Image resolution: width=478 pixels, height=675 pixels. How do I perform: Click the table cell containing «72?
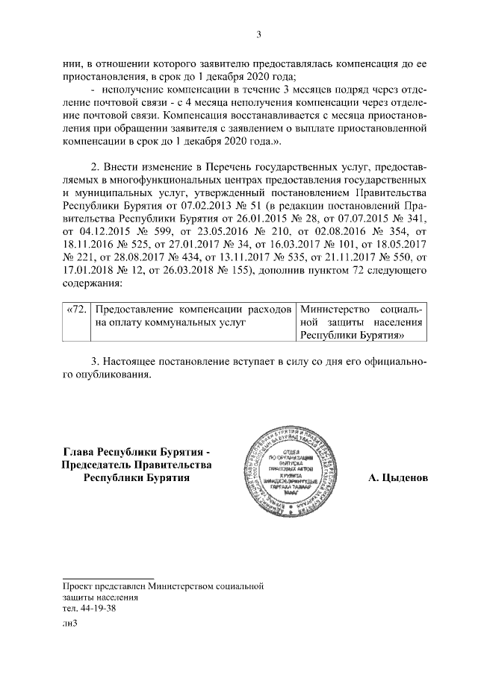coord(78,309)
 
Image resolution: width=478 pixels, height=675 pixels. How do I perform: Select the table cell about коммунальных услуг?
coord(193,315)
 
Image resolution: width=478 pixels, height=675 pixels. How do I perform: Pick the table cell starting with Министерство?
coord(361,322)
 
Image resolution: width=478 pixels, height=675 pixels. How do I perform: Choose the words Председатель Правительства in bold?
coord(137,465)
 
